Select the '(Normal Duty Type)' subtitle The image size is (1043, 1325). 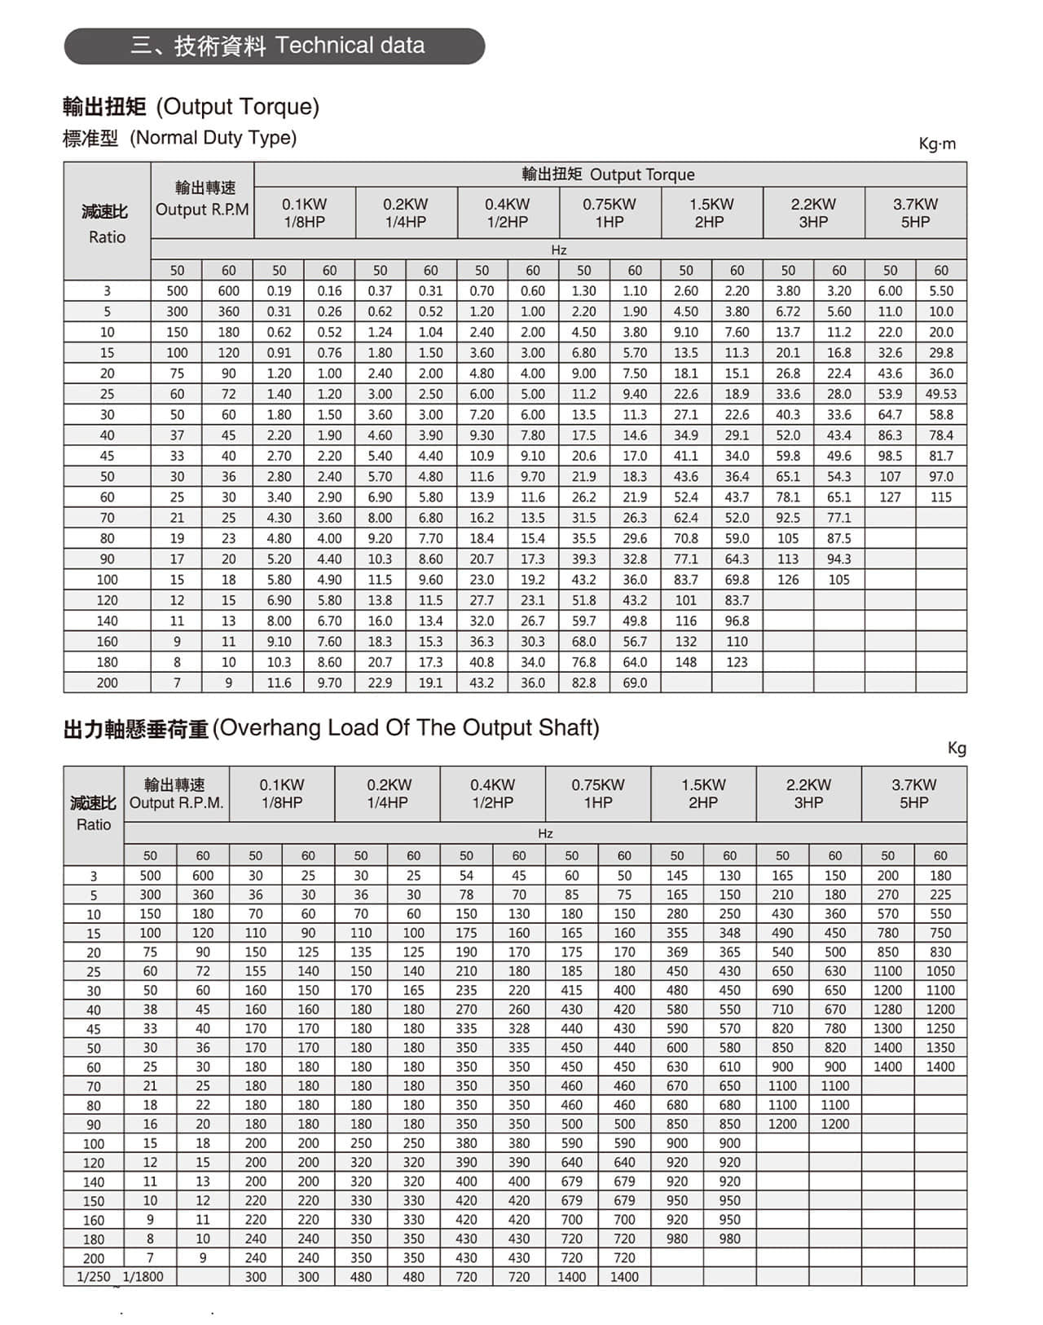tap(213, 138)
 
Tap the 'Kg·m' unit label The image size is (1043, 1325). tap(937, 144)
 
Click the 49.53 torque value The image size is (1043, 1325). tap(940, 394)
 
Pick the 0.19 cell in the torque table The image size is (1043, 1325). tap(279, 291)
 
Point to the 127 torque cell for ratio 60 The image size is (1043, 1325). tap(890, 497)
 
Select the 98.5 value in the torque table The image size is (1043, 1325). tap(890, 456)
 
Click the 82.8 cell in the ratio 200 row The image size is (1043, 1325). tap(583, 683)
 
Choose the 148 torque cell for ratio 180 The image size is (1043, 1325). tap(686, 662)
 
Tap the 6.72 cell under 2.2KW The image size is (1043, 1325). tap(788, 311)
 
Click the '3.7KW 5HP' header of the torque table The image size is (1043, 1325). tap(915, 213)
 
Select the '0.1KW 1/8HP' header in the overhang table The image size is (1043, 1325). tap(282, 793)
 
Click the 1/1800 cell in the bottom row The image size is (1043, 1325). tap(143, 1277)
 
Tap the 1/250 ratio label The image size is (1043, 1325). tap(93, 1277)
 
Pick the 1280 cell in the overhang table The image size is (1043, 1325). tap(887, 1009)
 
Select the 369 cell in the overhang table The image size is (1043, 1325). tap(677, 952)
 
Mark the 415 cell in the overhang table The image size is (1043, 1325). tap(571, 990)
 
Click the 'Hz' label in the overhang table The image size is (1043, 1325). tap(545, 833)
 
